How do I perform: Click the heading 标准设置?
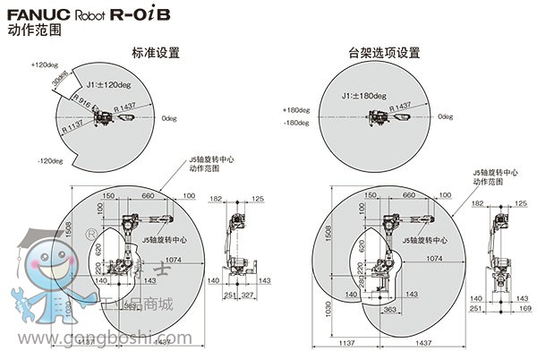click(156, 52)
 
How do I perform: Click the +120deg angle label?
click(44, 64)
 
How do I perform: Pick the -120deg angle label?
click(49, 161)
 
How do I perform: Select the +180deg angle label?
click(297, 110)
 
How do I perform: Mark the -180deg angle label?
click(297, 123)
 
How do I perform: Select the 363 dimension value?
click(390, 310)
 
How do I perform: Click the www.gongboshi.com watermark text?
click(98, 339)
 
